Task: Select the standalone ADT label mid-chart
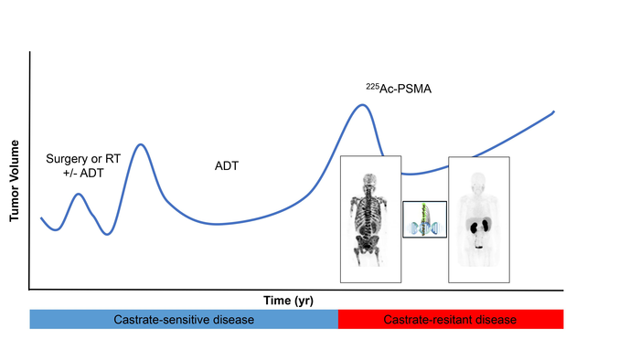click(224, 166)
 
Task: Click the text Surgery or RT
click(82, 158)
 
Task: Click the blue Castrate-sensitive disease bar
click(184, 320)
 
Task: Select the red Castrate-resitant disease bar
click(451, 320)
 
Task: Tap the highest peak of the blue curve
click(362, 105)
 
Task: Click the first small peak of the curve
click(79, 195)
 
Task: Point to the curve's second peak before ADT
click(140, 144)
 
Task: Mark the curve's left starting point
click(41, 218)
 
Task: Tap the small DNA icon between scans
click(423, 219)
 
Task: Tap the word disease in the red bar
click(496, 320)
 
